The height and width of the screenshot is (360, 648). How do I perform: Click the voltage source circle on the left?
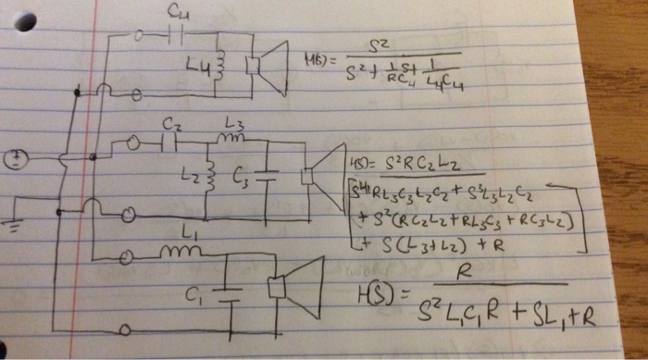pyautogui.click(x=14, y=160)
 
